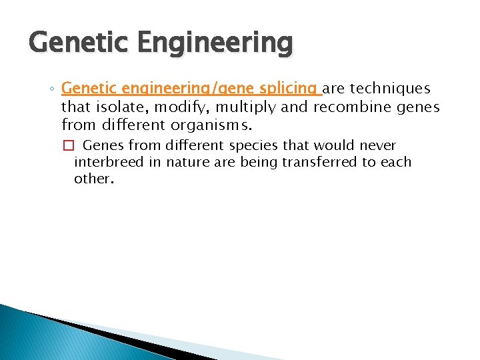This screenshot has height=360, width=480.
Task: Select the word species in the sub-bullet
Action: (x=251, y=145)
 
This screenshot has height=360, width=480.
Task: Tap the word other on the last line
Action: (x=93, y=179)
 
